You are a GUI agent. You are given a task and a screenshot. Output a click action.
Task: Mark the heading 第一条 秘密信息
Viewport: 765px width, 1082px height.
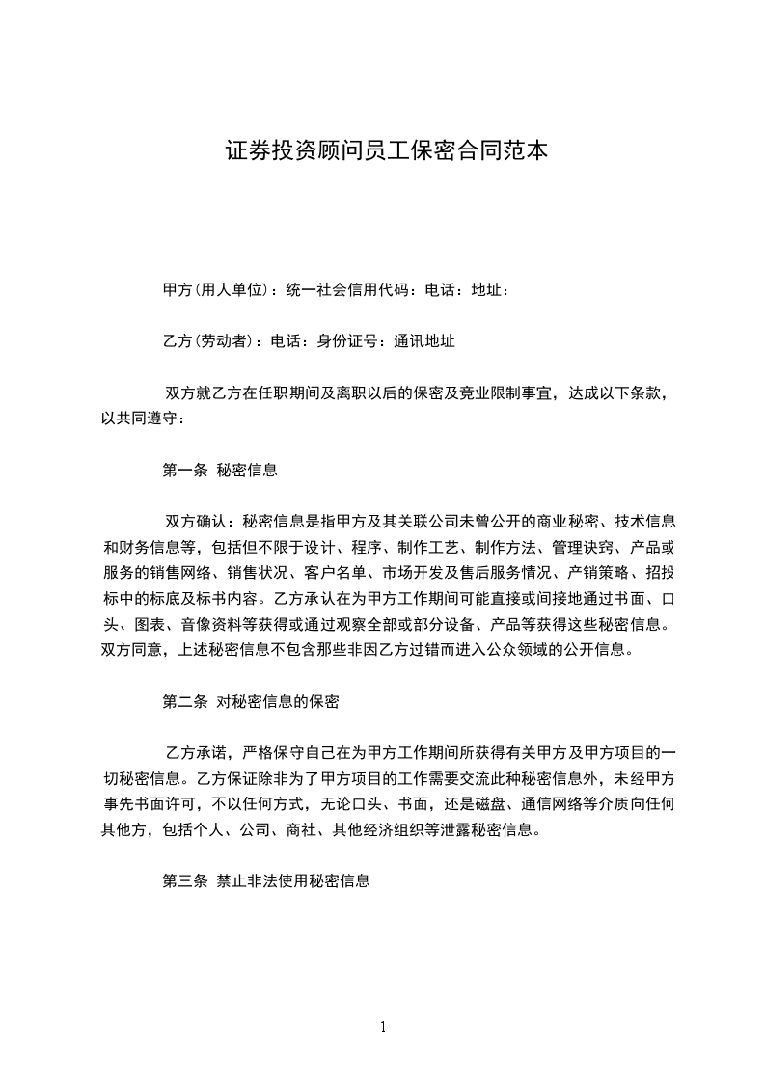pos(220,471)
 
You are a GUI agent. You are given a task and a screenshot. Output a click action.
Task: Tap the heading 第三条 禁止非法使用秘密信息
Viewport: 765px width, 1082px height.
pos(266,881)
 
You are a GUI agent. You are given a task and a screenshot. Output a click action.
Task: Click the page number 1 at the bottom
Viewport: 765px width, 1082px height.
pos(383,1027)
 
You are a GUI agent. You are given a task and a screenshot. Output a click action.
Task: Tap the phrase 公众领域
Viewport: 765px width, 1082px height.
pos(503,648)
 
